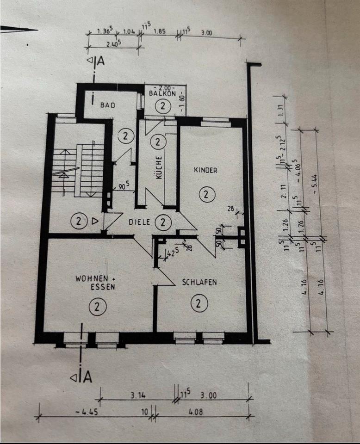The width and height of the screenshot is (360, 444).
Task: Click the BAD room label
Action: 107,105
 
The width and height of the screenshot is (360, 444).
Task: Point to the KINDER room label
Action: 205,170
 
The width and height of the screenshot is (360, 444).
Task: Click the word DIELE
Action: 139,222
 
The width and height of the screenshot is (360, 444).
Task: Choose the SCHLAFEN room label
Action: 199,282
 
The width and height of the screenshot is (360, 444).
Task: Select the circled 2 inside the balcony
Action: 162,107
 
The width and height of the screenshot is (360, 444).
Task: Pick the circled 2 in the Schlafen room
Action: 199,304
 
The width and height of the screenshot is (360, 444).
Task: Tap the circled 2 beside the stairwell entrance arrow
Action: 79,222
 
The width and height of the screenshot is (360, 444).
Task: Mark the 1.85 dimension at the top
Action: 160,32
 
